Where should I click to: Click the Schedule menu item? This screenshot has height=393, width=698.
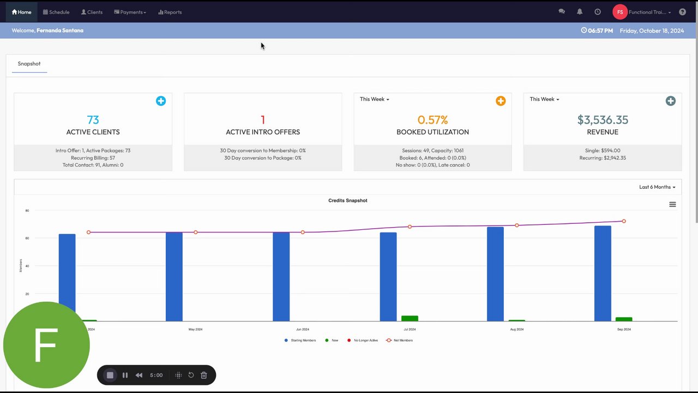click(56, 12)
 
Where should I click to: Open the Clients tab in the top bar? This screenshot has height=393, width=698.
click(92, 12)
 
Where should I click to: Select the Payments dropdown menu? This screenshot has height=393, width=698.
click(130, 12)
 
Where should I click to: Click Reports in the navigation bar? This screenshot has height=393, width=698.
click(170, 12)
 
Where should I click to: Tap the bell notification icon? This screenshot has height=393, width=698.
click(580, 11)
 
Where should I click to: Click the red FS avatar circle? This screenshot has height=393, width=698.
click(620, 12)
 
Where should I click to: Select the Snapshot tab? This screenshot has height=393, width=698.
click(29, 64)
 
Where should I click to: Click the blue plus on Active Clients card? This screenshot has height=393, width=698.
click(161, 101)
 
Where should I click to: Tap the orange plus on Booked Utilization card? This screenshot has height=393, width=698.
click(501, 101)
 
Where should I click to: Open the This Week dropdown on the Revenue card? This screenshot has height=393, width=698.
click(544, 99)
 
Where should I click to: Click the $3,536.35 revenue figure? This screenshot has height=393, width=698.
click(603, 120)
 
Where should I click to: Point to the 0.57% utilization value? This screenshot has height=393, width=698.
click(432, 120)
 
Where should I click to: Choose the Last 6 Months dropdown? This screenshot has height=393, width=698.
click(657, 187)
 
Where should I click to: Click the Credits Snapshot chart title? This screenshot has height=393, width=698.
click(348, 200)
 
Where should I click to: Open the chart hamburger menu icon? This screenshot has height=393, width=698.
click(672, 205)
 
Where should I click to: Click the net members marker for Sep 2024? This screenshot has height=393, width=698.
click(624, 221)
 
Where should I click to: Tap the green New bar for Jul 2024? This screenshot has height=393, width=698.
click(410, 318)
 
